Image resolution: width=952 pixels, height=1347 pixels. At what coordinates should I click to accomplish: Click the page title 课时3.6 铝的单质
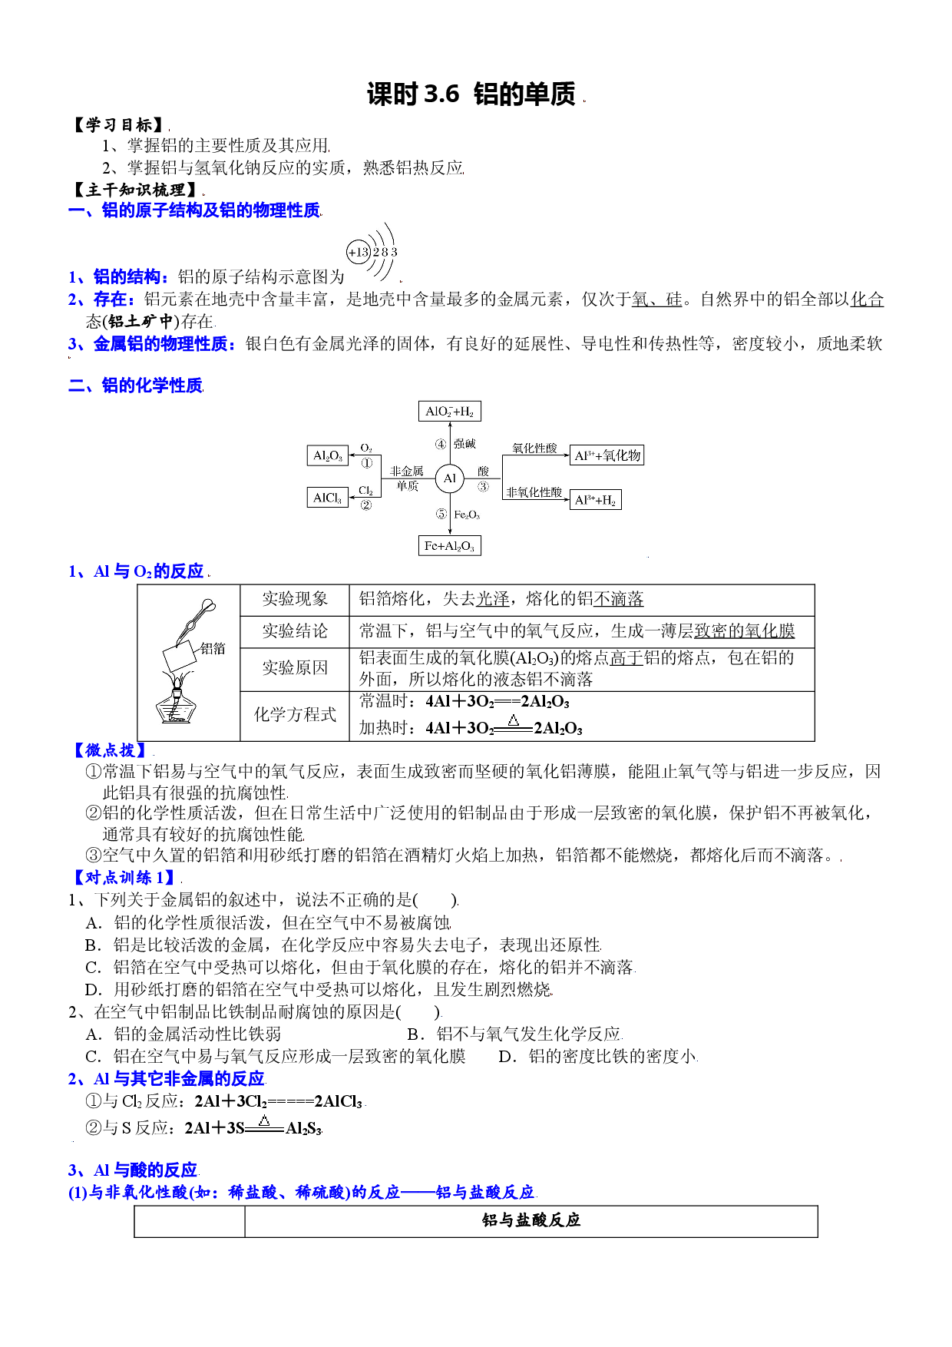(471, 94)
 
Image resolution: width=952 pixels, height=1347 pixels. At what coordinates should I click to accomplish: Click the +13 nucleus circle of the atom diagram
(359, 252)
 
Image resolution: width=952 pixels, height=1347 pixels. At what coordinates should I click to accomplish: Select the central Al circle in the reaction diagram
(449, 478)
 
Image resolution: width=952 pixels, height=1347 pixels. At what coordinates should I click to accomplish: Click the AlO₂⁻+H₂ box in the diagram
(449, 411)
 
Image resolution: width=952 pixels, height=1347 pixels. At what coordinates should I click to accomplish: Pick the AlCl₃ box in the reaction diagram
(327, 498)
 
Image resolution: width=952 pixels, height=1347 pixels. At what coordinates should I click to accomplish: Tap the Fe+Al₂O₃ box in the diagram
(449, 545)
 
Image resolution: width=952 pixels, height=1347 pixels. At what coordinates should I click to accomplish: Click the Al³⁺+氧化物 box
(607, 455)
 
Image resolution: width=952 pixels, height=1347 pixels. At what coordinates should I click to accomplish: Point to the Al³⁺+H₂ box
(596, 500)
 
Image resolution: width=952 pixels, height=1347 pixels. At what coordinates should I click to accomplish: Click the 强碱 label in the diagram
(464, 444)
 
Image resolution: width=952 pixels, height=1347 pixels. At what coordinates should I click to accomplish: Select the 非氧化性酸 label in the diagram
(534, 492)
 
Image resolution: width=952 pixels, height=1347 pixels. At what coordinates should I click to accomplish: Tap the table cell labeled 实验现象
(295, 599)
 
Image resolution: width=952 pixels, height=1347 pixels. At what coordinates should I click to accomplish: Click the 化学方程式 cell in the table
(295, 715)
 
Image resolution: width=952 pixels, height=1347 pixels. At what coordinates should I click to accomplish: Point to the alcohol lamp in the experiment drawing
(177, 700)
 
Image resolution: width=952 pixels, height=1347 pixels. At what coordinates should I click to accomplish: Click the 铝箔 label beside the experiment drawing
(213, 648)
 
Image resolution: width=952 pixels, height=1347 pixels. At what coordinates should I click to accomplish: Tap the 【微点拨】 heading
(111, 750)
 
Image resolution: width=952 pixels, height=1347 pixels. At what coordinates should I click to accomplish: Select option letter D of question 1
(93, 990)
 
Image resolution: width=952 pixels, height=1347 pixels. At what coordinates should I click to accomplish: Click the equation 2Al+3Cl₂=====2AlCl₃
(279, 1101)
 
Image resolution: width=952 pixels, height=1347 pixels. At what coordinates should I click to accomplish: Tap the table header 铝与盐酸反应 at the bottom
(531, 1220)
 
